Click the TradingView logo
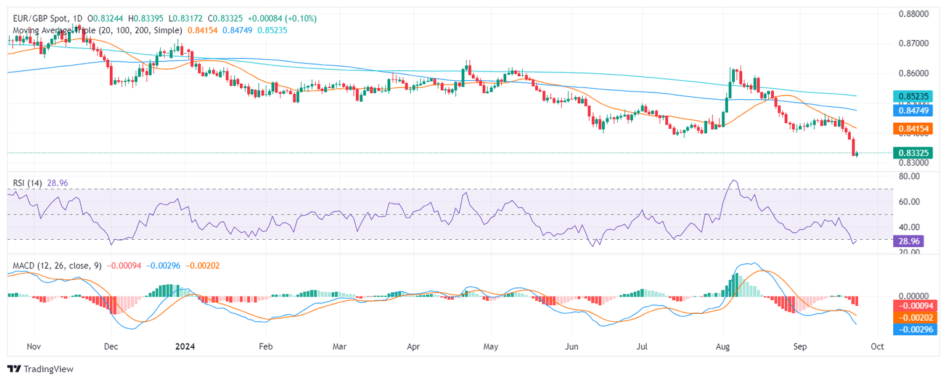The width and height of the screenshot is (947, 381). click(40, 369)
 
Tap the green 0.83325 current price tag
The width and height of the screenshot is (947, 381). click(914, 153)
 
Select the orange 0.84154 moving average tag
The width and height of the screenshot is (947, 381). click(914, 128)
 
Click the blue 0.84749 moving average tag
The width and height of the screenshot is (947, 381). click(914, 111)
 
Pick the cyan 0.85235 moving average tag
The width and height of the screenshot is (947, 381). click(914, 96)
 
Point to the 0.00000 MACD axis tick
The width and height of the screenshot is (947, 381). click(914, 296)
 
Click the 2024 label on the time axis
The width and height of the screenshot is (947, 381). click(184, 346)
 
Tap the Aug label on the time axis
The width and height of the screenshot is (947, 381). click(723, 346)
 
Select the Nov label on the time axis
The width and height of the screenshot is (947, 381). click(34, 346)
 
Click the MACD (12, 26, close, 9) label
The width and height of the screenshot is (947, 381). click(57, 266)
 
